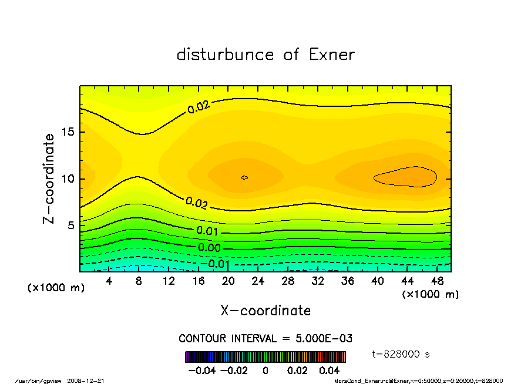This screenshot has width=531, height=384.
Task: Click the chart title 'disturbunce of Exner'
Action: pos(265,55)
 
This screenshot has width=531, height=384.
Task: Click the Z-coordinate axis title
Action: pos(49,178)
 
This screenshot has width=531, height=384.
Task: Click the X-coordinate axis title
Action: pos(265,311)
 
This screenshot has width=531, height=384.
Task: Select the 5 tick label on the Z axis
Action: pos(72,225)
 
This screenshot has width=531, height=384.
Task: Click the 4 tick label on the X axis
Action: pos(109,281)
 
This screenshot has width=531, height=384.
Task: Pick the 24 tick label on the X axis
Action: pos(258,281)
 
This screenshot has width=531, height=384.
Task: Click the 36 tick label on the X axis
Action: pos(347,281)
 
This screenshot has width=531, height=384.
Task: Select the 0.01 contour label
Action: pos(207,231)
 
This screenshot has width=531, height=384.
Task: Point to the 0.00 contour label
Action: pos(209,248)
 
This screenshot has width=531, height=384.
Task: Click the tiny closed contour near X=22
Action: pos(244,177)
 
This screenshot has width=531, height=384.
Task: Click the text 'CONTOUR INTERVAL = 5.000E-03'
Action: pos(265,339)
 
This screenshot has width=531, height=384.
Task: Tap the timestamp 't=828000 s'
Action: pos(401,354)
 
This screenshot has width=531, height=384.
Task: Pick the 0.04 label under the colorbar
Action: pos(329,371)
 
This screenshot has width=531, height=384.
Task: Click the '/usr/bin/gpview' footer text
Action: pos(39,380)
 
